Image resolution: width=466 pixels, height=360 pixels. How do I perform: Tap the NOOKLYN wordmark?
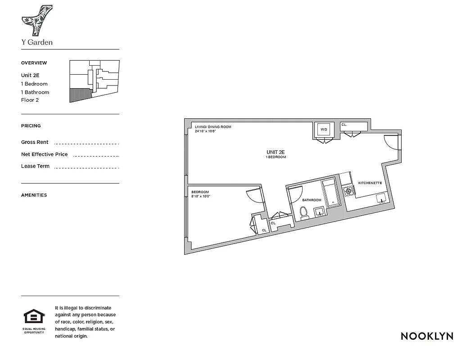tap(427, 336)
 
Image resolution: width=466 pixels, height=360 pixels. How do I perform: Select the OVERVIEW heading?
tap(34, 63)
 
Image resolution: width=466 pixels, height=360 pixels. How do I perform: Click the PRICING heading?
tap(31, 126)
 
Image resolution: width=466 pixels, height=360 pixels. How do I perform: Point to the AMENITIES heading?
tap(34, 195)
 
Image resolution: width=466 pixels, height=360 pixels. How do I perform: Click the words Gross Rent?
tap(35, 142)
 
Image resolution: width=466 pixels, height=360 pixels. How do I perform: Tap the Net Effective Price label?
tap(44, 154)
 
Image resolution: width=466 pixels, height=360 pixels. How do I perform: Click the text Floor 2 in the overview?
tap(30, 100)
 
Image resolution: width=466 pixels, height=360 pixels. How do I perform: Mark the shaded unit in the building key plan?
tap(80, 94)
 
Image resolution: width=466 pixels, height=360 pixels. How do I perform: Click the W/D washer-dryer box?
tap(324, 130)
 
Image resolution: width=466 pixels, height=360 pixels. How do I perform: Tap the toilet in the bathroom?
tap(304, 212)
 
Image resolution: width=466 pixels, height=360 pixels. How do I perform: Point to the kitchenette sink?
tap(381, 198)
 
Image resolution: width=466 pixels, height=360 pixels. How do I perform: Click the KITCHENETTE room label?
tap(370, 183)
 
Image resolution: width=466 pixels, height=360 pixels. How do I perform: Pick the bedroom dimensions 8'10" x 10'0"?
tap(201, 196)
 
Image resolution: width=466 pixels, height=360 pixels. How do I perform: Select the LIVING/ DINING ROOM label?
tap(213, 127)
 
